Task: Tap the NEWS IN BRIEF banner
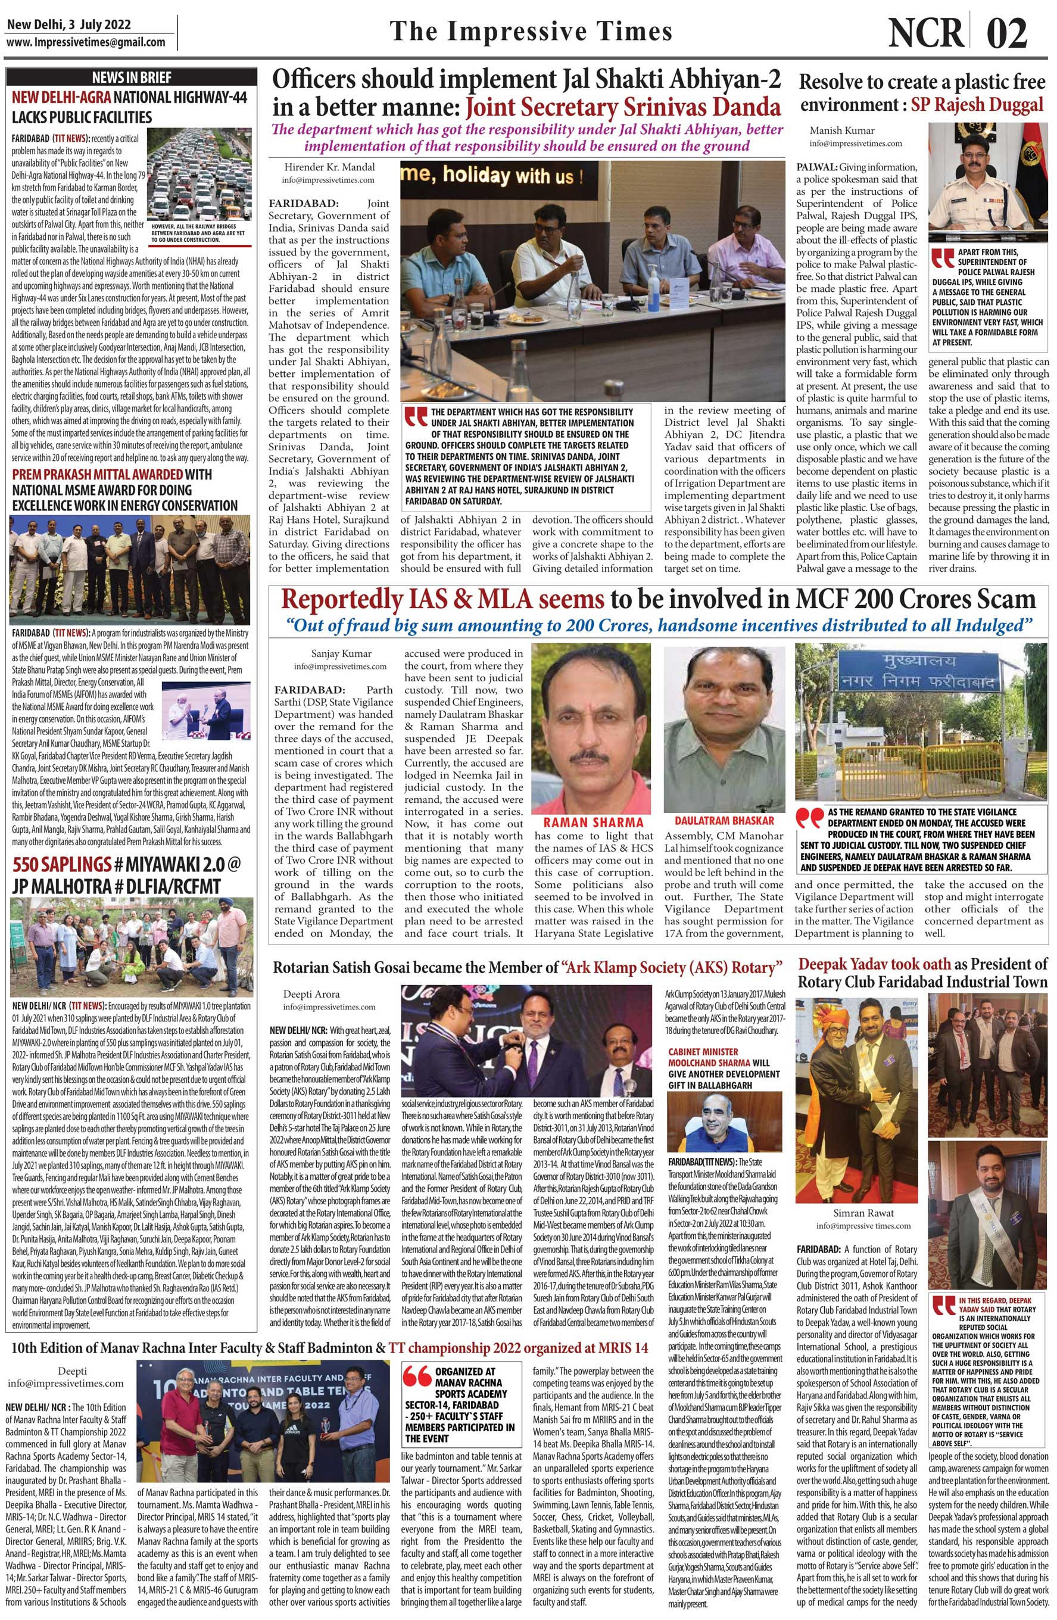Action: [132, 77]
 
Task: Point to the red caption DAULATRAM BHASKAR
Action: [724, 820]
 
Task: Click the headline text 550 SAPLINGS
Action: [61, 864]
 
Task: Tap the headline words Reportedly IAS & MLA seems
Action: [442, 599]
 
